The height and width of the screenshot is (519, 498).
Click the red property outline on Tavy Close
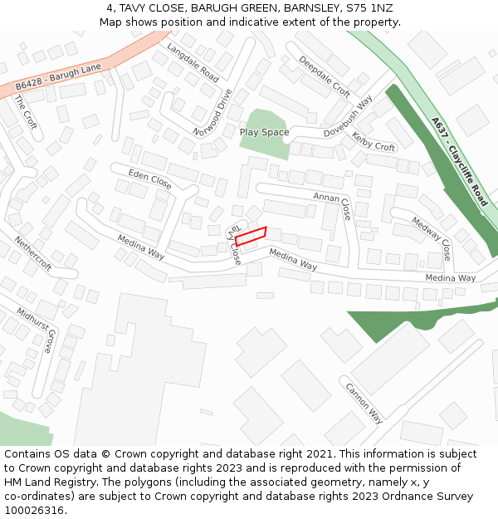[250, 236]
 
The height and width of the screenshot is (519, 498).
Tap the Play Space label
[264, 132]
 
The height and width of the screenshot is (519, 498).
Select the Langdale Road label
[193, 61]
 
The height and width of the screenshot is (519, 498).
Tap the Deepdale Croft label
[325, 76]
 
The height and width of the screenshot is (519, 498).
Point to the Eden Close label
[150, 178]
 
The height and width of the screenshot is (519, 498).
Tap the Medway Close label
[432, 237]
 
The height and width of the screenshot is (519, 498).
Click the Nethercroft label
[32, 254]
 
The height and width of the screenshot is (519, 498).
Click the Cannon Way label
[364, 403]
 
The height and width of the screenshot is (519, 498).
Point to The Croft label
[25, 110]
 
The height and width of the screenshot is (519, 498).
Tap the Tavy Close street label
[235, 246]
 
